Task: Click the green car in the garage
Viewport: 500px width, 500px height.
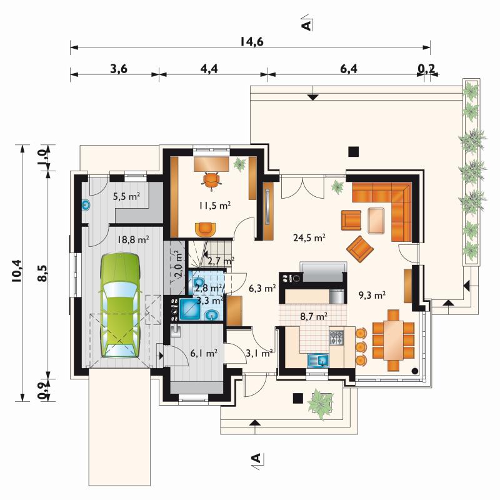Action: pos(121,306)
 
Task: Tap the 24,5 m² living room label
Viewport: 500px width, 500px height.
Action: pos(309,237)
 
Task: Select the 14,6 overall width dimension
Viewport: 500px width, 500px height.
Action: pos(252,41)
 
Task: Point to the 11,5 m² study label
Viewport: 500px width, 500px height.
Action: pos(214,206)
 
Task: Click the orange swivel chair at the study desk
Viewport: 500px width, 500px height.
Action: pos(212,181)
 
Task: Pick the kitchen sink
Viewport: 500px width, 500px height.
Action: pos(318,360)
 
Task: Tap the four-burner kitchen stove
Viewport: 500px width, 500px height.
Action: pos(337,337)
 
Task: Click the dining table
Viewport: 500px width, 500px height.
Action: pos(394,340)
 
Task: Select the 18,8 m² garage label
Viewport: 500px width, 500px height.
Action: pos(133,239)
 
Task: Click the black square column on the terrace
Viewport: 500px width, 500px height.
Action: pos(353,151)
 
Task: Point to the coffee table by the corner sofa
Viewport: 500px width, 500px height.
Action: pos(377,221)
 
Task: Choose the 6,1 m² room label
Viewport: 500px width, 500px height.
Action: pos(204,353)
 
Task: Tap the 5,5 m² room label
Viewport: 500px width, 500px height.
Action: pos(126,196)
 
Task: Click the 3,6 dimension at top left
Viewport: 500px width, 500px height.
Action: pos(119,69)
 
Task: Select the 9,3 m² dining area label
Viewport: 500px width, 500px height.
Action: pos(372,295)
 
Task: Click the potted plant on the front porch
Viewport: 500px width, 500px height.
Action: pos(320,404)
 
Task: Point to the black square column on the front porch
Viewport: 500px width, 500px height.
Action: pos(298,398)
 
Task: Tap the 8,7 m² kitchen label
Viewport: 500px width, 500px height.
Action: pos(314,316)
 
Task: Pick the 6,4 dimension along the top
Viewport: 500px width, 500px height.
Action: pos(349,69)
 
